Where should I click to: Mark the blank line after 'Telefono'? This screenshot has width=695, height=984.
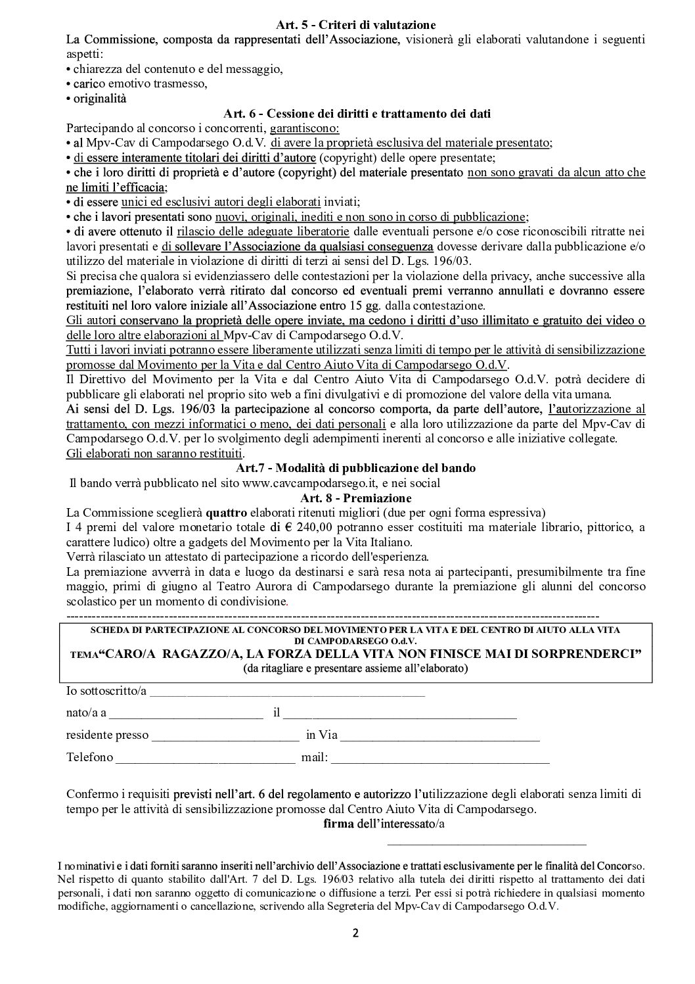click(x=206, y=757)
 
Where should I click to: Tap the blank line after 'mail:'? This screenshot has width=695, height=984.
click(x=440, y=757)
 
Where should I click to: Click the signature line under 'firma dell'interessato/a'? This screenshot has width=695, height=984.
click(x=487, y=839)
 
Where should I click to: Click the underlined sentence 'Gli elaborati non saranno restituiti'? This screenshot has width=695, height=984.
click(x=154, y=454)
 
